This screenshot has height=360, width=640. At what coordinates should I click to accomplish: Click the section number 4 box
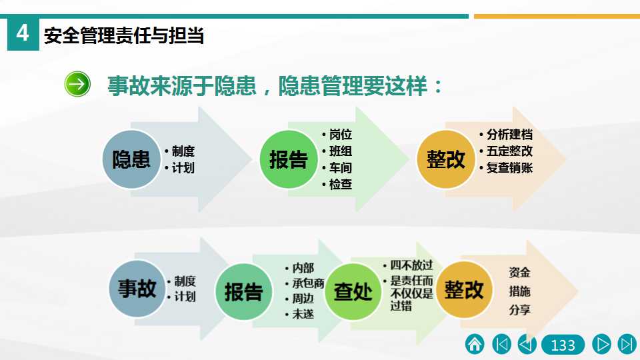(x=23, y=34)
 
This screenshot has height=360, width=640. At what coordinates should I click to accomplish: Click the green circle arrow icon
(x=77, y=84)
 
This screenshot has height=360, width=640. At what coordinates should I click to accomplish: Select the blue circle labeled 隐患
(x=131, y=159)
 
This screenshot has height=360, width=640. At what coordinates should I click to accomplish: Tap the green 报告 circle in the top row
(x=289, y=159)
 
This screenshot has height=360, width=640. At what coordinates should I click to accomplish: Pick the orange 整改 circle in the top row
(x=446, y=159)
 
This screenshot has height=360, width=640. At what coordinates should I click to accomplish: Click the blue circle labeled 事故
(x=137, y=289)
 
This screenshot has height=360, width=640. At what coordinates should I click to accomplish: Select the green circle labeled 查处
(x=353, y=291)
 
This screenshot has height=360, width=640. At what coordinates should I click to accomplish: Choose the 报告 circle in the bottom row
(x=244, y=291)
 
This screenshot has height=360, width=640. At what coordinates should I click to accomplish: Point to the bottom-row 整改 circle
(x=464, y=290)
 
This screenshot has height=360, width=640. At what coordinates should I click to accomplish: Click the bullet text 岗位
(x=341, y=134)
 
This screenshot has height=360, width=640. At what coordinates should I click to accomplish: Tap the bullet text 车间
(x=341, y=167)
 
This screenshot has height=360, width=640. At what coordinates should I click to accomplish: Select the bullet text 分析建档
(x=509, y=134)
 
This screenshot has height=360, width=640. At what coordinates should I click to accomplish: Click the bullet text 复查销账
(x=509, y=167)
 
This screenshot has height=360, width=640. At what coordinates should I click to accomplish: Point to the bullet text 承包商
(x=308, y=283)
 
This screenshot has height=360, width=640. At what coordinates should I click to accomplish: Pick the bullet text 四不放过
(x=411, y=265)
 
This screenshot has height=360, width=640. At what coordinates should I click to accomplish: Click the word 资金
(x=519, y=272)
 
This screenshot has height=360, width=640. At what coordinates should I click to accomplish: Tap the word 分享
(x=519, y=310)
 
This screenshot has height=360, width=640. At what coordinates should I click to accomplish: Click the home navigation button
(x=475, y=344)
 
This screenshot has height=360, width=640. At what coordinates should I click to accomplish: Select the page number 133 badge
(x=563, y=345)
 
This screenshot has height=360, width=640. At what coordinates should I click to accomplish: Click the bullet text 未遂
(x=303, y=314)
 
